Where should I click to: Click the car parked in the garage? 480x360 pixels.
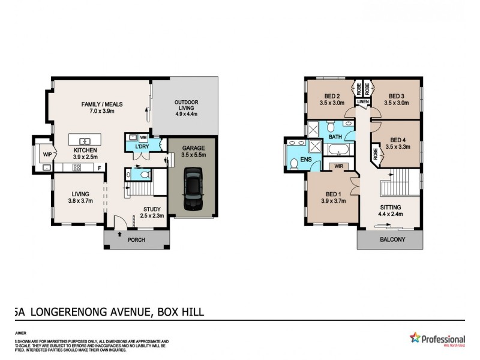pyautogui.click(x=193, y=188)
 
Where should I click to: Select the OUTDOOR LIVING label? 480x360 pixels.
pyautogui.click(x=186, y=103)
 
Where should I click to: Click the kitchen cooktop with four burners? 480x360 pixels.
pyautogui.click(x=77, y=167)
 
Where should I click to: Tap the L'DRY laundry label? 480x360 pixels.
pyautogui.click(x=142, y=147)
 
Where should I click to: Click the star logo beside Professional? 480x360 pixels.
pyautogui.click(x=414, y=338)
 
